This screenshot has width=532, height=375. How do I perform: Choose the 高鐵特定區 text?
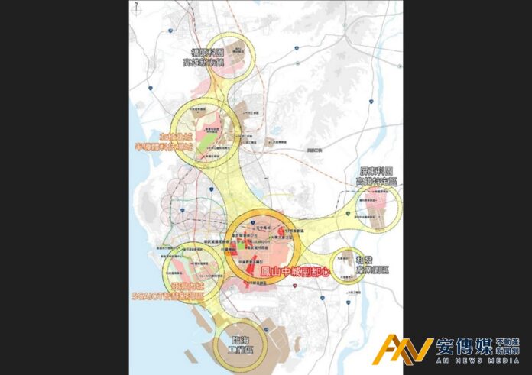coord(375,182)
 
